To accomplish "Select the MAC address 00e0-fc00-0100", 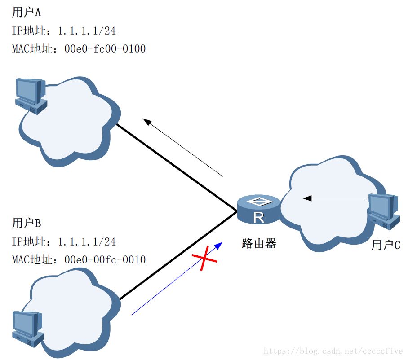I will tap(105, 48).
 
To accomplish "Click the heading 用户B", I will tap(27, 223).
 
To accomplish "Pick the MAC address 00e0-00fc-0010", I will tap(105, 259).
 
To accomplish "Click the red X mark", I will tap(205, 259).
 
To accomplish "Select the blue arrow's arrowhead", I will tap(219, 245).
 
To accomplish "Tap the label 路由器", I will tap(258, 244).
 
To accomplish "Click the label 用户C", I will tap(386, 245).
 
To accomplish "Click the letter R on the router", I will tap(258, 218).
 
